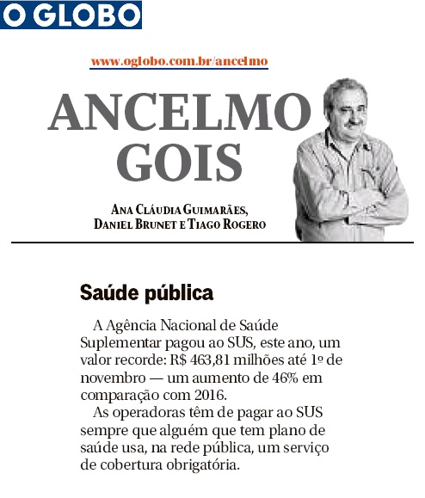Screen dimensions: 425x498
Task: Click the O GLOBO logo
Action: (x=71, y=15)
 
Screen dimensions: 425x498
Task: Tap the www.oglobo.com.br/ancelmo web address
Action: (x=179, y=61)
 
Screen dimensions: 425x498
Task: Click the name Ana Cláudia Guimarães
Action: (x=182, y=209)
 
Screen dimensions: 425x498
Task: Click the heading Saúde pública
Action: (x=146, y=292)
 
